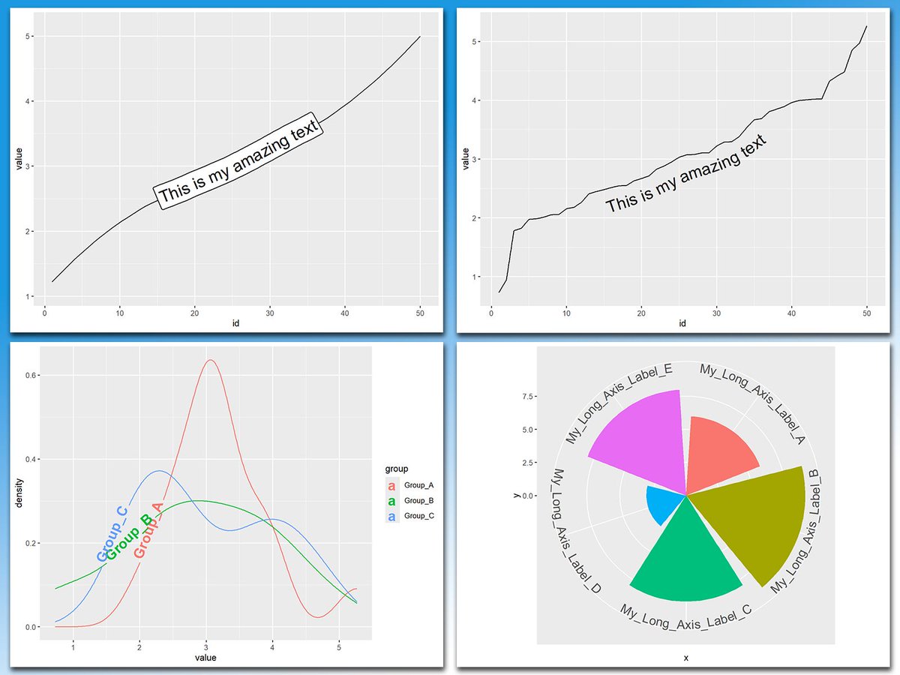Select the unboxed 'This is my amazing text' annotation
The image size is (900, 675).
tap(685, 174)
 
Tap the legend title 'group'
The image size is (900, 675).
tap(397, 469)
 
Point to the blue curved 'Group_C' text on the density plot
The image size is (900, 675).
tap(112, 534)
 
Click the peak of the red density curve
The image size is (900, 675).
tap(211, 360)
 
